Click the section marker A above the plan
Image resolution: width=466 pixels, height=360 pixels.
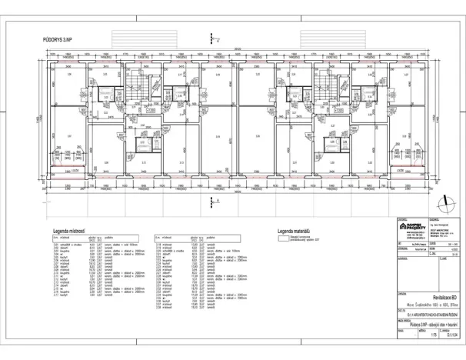coord(218,38)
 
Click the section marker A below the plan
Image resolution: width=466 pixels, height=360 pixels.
coord(218,200)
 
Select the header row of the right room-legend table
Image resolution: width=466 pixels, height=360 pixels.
coord(185,238)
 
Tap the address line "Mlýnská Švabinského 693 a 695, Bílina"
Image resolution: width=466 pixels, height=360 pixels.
coord(429,306)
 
